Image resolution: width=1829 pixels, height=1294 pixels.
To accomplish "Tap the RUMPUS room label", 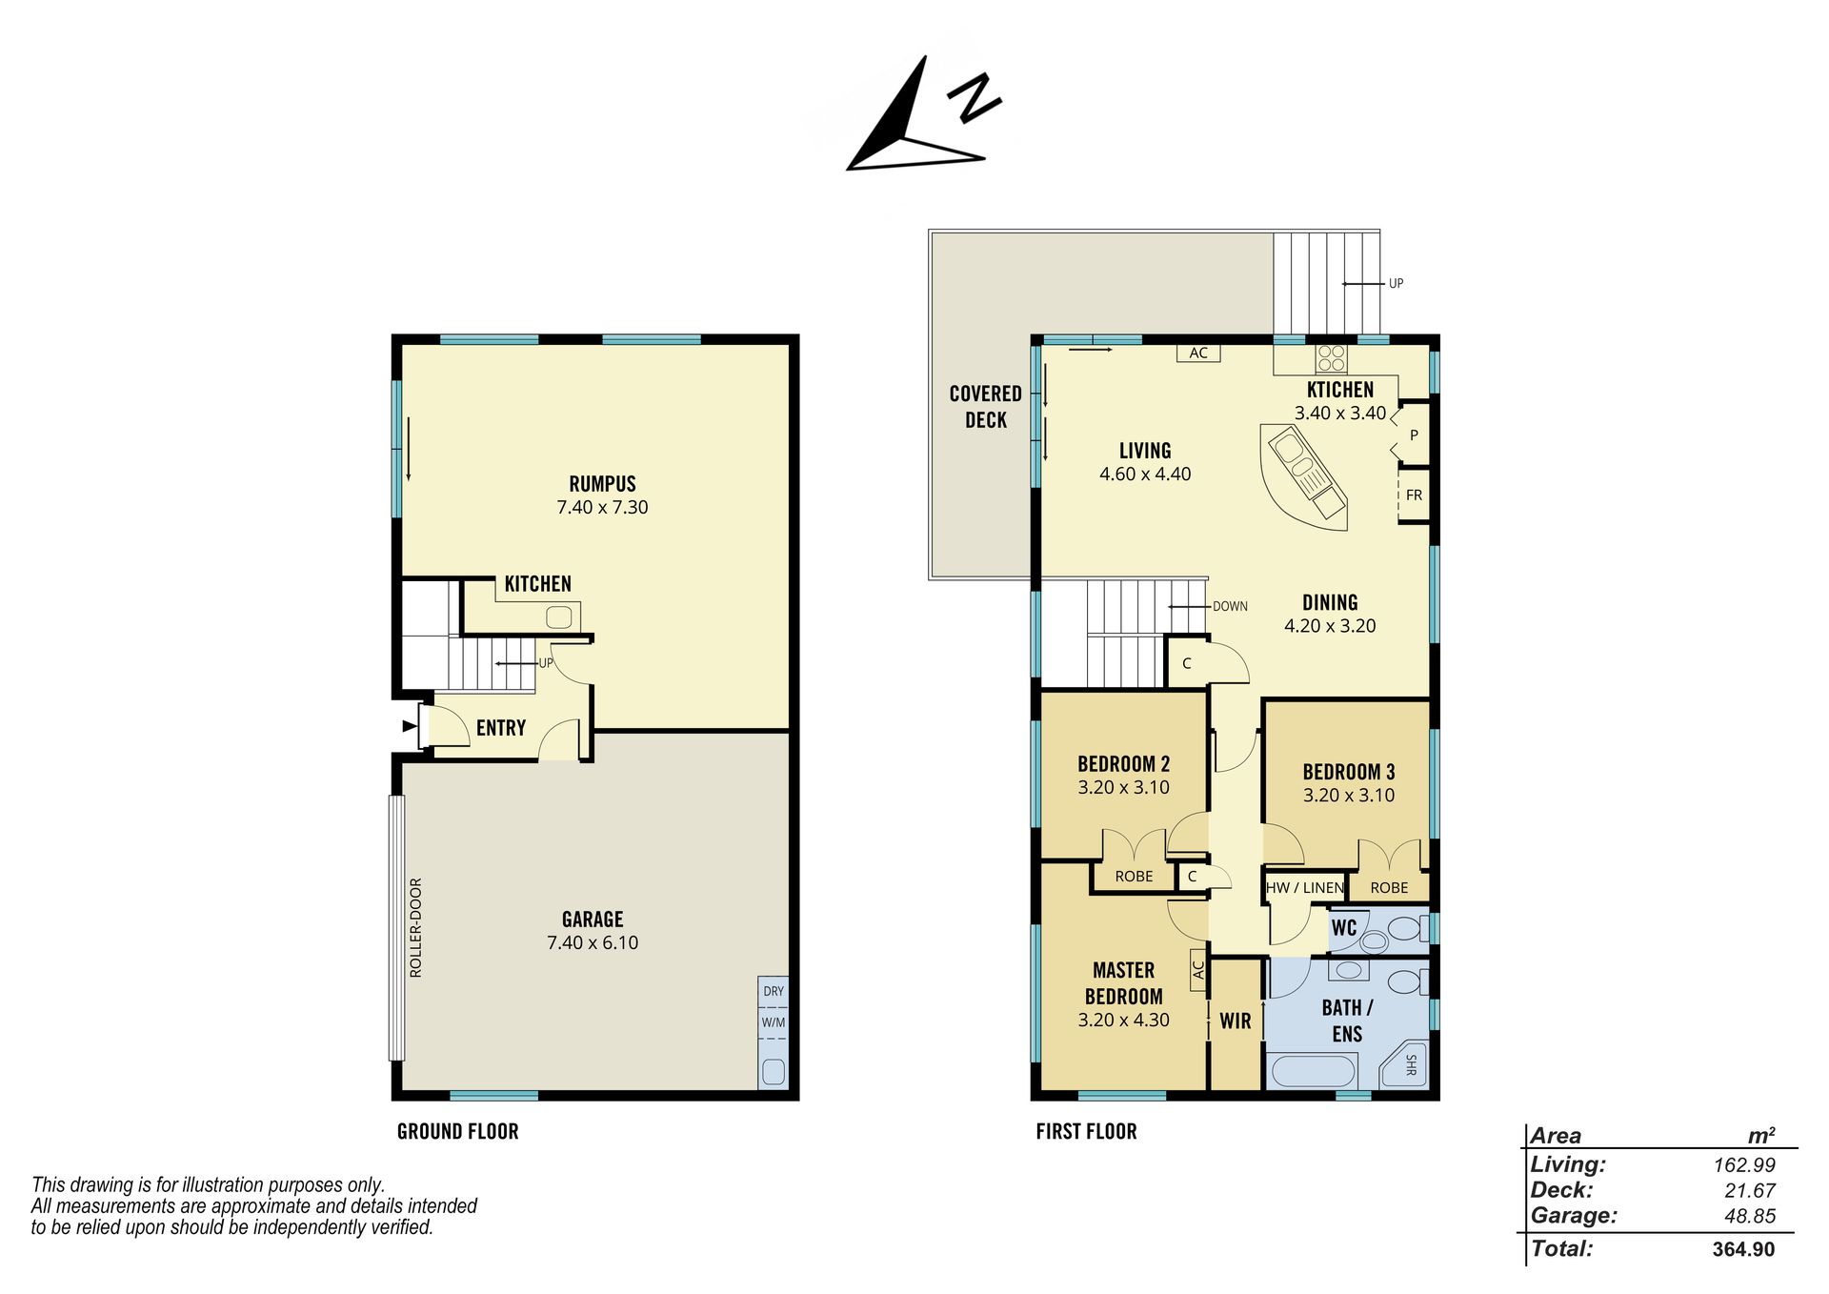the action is [x=602, y=483].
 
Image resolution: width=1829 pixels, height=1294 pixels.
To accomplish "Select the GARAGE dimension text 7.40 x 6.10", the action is [x=593, y=942].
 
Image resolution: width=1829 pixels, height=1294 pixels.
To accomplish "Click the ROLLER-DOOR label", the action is [x=415, y=927].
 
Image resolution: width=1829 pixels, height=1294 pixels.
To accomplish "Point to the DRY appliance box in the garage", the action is [x=774, y=991].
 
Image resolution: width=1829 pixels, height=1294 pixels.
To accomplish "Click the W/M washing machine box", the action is [x=774, y=1022].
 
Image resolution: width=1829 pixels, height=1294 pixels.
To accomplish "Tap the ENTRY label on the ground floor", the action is [x=501, y=728].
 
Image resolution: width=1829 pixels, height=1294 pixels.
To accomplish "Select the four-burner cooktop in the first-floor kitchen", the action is [x=1332, y=358].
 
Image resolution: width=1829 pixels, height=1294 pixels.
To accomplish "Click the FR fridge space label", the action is [x=1414, y=495].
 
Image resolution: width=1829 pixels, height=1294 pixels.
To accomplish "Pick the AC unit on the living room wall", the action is [x=1198, y=353].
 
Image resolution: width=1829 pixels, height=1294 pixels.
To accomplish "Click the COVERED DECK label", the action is [x=986, y=407].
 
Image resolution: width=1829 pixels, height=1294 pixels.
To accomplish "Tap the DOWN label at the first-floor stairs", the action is [x=1230, y=606].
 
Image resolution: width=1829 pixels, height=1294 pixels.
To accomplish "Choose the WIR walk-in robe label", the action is [x=1236, y=1021].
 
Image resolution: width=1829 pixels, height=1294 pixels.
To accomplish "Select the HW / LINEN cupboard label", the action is [x=1305, y=887].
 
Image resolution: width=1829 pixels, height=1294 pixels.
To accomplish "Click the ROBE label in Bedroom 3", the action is [x=1389, y=887].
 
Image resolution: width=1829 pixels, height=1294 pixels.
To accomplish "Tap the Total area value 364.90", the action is [x=1743, y=1249].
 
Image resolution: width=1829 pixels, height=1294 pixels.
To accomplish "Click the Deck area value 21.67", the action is [x=1750, y=1190].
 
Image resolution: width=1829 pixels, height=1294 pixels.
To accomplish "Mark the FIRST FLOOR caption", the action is [x=1087, y=1131].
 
